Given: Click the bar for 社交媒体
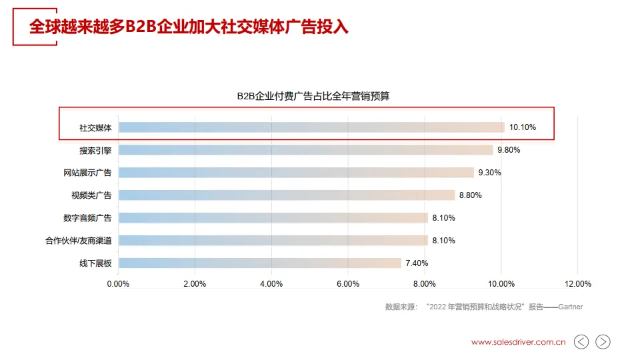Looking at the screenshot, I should [311, 127].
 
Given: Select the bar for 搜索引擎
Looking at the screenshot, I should [305, 150].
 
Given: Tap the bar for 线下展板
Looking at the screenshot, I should [260, 263].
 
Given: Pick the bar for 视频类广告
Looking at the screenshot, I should [287, 195].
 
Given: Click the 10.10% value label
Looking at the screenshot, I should [523, 127].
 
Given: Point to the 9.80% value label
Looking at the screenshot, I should [508, 150].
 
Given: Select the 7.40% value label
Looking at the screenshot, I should [416, 263].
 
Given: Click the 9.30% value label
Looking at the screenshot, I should [489, 173].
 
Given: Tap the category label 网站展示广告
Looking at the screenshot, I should [87, 173].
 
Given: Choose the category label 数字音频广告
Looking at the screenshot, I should [87, 218].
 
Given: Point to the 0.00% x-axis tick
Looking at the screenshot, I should [118, 284].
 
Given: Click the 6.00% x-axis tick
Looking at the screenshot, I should [348, 284].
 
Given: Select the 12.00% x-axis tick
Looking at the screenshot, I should [577, 284].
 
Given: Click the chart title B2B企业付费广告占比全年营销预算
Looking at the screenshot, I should [313, 96].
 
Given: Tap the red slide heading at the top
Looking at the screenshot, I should [189, 27].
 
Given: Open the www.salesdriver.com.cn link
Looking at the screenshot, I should [518, 342].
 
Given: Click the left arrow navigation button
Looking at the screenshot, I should [581, 342].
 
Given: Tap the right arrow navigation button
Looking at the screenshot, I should [603, 342].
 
